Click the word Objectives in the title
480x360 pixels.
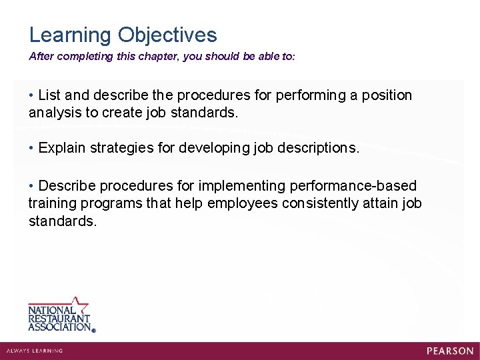[167, 35]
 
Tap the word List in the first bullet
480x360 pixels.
[51, 95]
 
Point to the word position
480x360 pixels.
[387, 95]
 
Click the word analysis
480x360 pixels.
[55, 113]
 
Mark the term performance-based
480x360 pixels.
[359, 185]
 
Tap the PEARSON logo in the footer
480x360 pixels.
[450, 351]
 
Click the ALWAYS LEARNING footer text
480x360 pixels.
[34, 351]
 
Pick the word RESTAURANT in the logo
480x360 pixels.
[59, 319]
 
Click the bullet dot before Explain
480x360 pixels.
[31, 148]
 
